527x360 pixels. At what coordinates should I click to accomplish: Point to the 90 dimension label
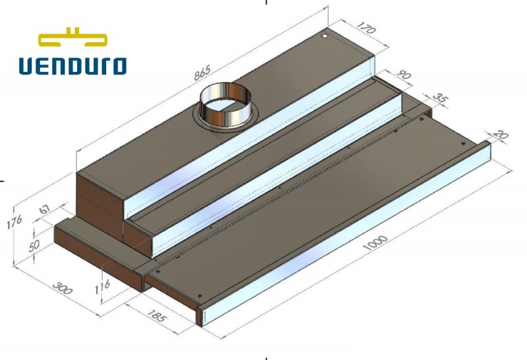[x=403, y=75]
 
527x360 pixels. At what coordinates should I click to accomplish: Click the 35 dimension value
[x=441, y=100]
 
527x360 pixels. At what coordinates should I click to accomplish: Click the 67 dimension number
[x=45, y=209]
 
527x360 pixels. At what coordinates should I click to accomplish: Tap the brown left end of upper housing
[x=99, y=198]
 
